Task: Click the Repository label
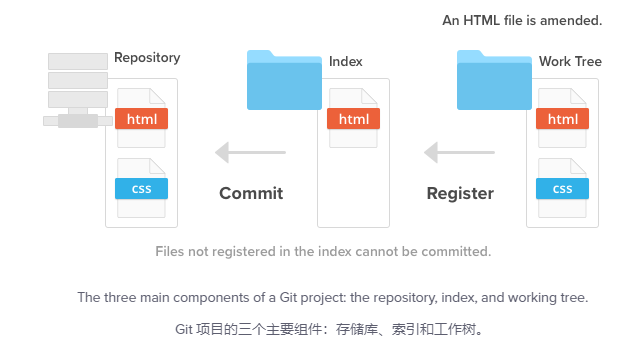click(147, 58)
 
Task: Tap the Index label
click(346, 61)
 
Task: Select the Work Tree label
click(570, 61)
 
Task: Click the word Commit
click(251, 193)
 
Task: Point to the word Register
click(460, 194)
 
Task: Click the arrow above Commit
click(250, 152)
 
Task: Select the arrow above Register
click(459, 152)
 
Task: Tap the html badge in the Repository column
click(142, 119)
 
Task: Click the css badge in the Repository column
click(142, 189)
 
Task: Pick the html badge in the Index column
click(354, 119)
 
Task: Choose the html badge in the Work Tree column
click(562, 119)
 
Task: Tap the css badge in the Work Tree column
click(562, 189)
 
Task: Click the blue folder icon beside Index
click(284, 80)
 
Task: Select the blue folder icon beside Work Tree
click(494, 80)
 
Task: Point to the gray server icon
click(77, 90)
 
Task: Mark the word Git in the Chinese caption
click(184, 330)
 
